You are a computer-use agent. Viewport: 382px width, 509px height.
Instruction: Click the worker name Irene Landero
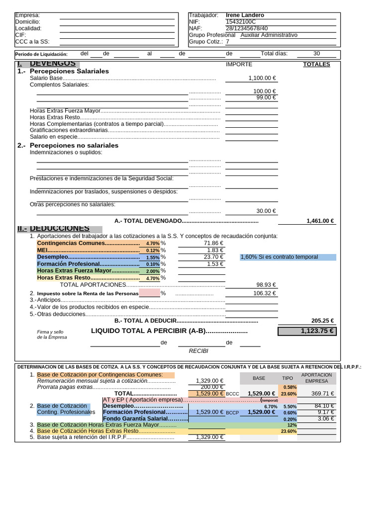point(245,15)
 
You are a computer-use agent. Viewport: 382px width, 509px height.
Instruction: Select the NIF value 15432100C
point(241,22)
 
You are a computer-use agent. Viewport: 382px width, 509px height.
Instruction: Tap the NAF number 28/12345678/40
point(247,29)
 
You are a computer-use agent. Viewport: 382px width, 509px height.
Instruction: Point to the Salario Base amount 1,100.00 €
point(262,79)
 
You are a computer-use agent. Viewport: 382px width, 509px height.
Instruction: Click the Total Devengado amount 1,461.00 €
point(320,221)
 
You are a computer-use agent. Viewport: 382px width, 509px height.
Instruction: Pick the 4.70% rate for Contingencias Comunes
point(153,244)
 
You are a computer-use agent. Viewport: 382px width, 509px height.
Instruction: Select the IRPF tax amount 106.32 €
point(264,293)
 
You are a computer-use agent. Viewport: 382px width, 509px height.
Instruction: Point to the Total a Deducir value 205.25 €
point(322,321)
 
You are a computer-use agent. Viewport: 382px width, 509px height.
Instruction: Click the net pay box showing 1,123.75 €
point(307,331)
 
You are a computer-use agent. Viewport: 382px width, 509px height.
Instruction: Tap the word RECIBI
point(198,351)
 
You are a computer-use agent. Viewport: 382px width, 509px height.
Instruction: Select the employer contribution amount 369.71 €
point(322,393)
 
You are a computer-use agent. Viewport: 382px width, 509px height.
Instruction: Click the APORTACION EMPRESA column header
point(316,378)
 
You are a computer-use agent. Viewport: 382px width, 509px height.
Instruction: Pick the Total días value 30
point(316,54)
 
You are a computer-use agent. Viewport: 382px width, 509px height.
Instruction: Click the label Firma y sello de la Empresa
point(52,334)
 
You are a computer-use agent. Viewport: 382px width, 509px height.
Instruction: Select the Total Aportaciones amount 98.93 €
point(266,285)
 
